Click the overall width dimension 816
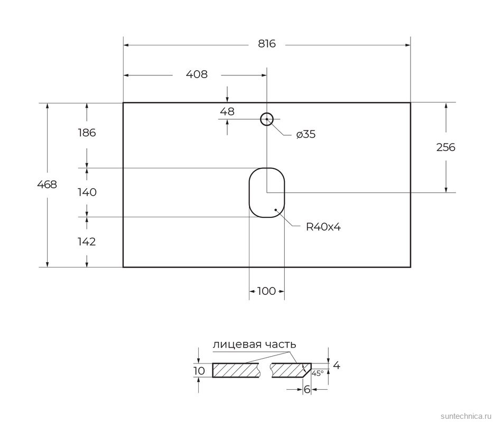click(267, 44)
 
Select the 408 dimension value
click(197, 74)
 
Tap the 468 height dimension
click(47, 185)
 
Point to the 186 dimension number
click(86, 133)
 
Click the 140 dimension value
click(86, 192)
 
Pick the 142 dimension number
click(86, 242)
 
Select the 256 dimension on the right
click(445, 147)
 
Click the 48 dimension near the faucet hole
click(227, 111)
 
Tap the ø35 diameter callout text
click(306, 135)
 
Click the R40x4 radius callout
click(323, 227)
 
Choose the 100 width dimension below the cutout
click(267, 291)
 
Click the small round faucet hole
click(267, 119)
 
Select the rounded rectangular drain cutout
click(267, 193)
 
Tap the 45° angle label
click(317, 373)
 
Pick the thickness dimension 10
click(199, 371)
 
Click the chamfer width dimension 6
click(306, 390)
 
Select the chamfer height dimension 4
click(337, 365)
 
